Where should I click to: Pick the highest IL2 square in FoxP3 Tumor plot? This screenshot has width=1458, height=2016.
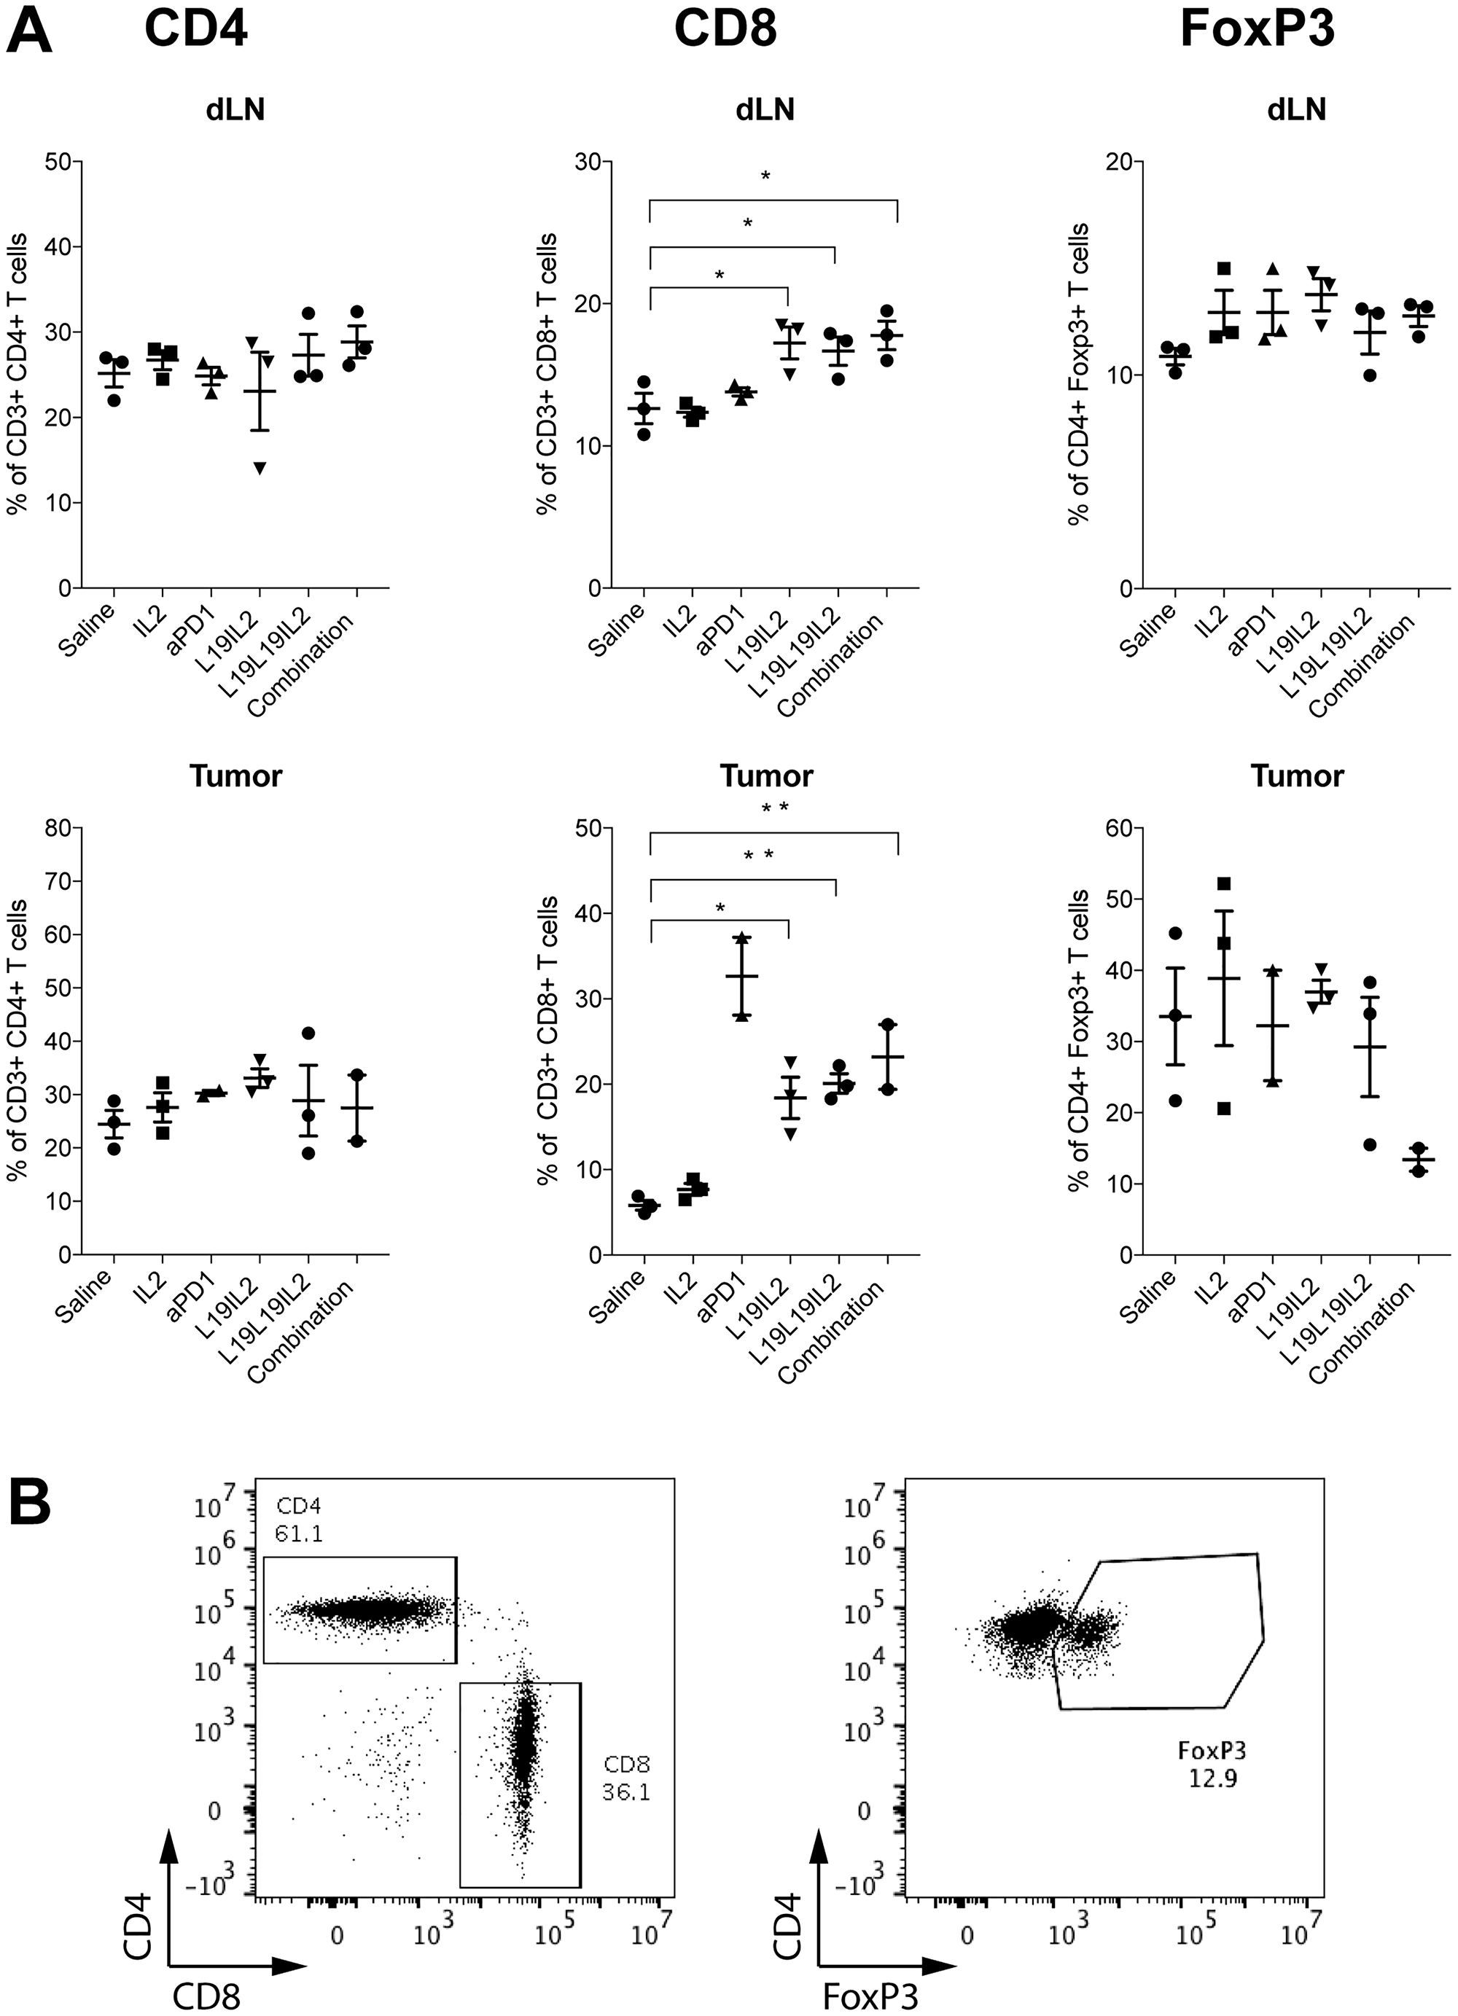[1224, 883]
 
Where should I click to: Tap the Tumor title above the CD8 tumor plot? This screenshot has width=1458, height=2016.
[766, 776]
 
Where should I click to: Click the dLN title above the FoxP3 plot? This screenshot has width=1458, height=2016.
[1297, 109]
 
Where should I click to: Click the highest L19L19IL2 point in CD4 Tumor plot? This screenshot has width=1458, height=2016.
[308, 1033]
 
